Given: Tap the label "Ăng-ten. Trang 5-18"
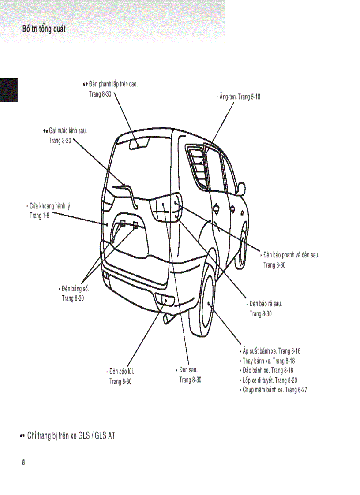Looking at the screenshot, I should tap(240, 97).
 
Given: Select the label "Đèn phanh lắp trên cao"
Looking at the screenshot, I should tap(113, 84).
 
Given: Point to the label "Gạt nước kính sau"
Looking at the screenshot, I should tap(67, 131).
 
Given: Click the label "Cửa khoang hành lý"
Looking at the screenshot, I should tap(51, 206).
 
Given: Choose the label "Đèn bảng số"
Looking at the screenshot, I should tap(75, 289).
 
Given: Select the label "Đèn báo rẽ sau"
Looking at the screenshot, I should tap(266, 304).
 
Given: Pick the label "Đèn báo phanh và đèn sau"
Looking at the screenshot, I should tap(291, 255).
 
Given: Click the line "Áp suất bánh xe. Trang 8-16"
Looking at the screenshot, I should tap(271, 351).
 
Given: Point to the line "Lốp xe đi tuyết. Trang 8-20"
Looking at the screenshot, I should tap(270, 380).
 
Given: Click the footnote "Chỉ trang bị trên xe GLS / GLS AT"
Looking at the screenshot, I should tap(71, 436).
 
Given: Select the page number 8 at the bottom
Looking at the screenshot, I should tap(23, 462).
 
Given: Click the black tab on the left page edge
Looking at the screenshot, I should tap(8, 90).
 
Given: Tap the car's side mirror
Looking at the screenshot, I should tap(241, 188).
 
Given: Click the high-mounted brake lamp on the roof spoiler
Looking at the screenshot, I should tap(139, 144).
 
